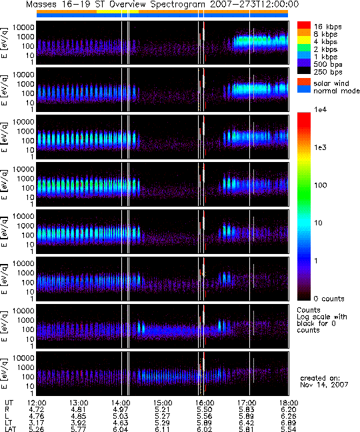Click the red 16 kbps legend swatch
(x=303, y=25)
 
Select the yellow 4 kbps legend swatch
(x=303, y=40)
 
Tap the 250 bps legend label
(x=328, y=72)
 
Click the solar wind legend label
(x=331, y=83)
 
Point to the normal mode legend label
(x=337, y=91)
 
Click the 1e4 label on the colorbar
(x=321, y=109)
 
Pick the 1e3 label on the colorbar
(x=321, y=147)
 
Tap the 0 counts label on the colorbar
(x=329, y=299)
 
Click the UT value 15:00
(x=163, y=403)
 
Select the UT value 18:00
(x=289, y=403)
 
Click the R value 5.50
(x=205, y=410)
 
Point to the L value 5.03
(x=121, y=416)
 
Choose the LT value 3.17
(x=37, y=423)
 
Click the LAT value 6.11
(x=163, y=429)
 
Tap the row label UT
(x=9, y=403)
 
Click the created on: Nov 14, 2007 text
(x=324, y=381)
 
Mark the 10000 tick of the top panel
(x=23, y=27)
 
